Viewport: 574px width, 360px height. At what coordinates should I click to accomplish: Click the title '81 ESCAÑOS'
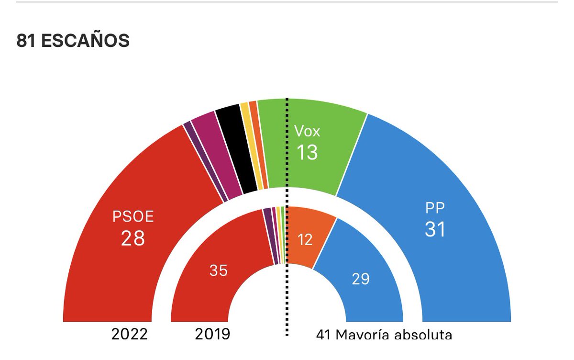pyautogui.click(x=73, y=41)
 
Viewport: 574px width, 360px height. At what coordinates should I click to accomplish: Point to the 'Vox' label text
pyautogui.click(x=307, y=131)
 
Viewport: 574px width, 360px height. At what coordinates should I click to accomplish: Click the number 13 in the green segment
pyautogui.click(x=307, y=153)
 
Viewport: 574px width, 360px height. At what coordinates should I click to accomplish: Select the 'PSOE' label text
pyautogui.click(x=133, y=217)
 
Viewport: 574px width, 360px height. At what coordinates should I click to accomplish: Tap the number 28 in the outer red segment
pyautogui.click(x=133, y=238)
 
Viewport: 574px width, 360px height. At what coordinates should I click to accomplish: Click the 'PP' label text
pyautogui.click(x=435, y=209)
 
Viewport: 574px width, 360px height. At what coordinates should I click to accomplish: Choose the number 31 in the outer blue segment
pyautogui.click(x=435, y=230)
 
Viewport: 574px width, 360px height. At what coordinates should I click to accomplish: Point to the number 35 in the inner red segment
pyautogui.click(x=219, y=271)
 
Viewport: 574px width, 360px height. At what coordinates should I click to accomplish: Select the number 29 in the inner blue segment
pyautogui.click(x=361, y=279)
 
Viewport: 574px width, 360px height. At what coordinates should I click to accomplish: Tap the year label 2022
pyautogui.click(x=129, y=334)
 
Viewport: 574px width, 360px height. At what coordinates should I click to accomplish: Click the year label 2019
pyautogui.click(x=212, y=334)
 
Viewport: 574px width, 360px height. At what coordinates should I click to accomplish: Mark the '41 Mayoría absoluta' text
pyautogui.click(x=384, y=335)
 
